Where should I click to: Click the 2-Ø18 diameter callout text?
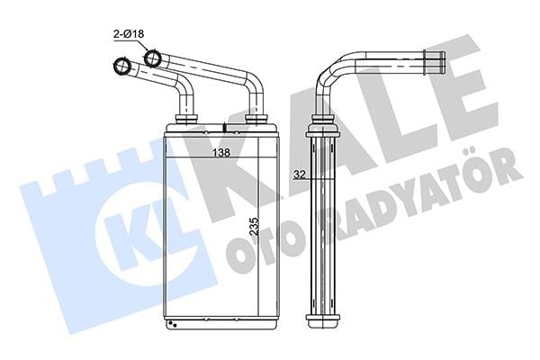(129, 34)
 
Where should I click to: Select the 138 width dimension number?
(220, 152)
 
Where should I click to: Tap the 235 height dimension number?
(254, 226)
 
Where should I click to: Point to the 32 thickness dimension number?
(300, 175)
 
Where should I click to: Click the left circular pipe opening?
(122, 66)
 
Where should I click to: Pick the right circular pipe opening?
(153, 58)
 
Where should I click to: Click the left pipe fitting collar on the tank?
(186, 119)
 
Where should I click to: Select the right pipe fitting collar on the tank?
(256, 119)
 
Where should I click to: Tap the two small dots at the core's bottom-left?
(172, 324)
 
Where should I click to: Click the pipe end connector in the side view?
(434, 61)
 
